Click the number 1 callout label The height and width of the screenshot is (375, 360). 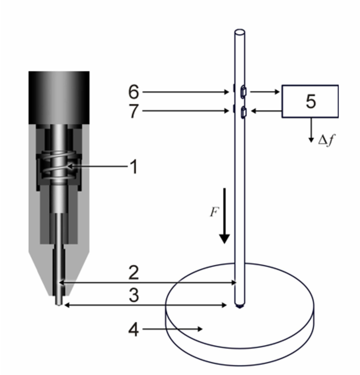click(x=134, y=167)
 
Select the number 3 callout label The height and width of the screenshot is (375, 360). click(x=134, y=295)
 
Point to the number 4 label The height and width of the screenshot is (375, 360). click(x=134, y=330)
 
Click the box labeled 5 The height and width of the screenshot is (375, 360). click(x=310, y=101)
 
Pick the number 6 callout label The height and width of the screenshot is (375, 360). click(x=134, y=92)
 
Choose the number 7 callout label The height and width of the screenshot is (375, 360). click(x=134, y=111)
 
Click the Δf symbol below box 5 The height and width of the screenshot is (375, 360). click(x=327, y=140)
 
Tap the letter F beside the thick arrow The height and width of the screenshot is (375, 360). click(x=214, y=212)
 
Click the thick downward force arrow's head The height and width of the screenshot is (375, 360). click(x=224, y=239)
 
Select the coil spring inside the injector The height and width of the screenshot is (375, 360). click(x=59, y=166)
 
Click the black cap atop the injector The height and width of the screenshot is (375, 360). click(x=59, y=98)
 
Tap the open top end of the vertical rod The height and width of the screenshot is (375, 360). click(x=240, y=32)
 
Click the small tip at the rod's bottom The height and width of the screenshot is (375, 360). click(x=239, y=306)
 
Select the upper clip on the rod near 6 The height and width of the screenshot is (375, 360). click(x=243, y=91)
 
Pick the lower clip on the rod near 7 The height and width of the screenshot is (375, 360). click(x=243, y=112)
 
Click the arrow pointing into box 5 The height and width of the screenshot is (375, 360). click(x=265, y=91)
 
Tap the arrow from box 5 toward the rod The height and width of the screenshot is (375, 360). click(x=266, y=111)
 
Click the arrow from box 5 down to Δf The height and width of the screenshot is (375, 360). click(x=311, y=130)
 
